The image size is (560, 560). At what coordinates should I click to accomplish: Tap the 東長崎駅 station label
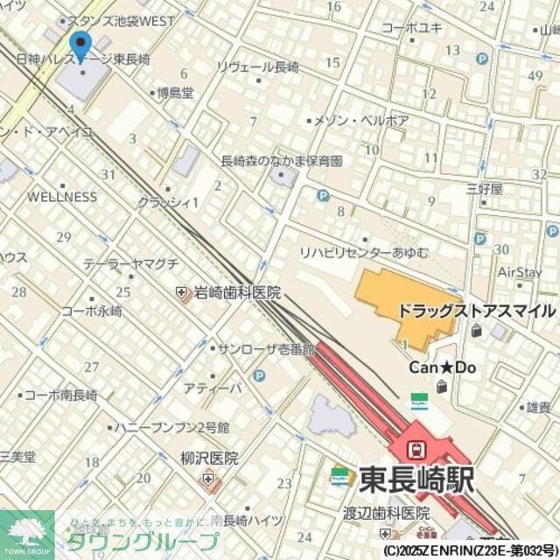tap(416, 479)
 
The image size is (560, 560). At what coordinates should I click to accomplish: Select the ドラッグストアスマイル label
tap(476, 311)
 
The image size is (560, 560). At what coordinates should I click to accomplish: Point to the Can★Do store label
tap(443, 367)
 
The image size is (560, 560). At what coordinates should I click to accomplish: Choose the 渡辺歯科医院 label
tap(387, 514)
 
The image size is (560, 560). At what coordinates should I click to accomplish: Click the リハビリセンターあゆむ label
tap(364, 253)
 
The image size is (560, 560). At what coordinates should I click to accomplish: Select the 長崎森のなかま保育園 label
tap(281, 161)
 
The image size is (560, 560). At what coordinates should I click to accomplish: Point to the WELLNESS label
tap(62, 197)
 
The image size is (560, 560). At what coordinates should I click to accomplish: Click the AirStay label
tap(520, 272)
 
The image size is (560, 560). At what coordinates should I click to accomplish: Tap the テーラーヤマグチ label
tap(131, 263)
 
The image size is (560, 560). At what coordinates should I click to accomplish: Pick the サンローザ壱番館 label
tap(265, 348)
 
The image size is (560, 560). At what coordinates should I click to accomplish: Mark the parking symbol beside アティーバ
tap(259, 376)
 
